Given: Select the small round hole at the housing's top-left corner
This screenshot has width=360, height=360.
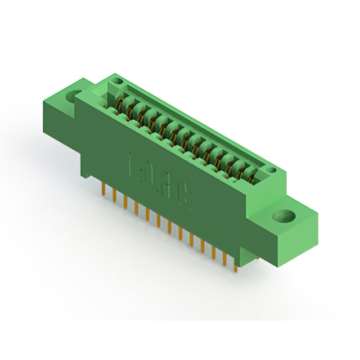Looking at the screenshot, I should click(x=116, y=82).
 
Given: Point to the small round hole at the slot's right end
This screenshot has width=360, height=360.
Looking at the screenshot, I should click(x=271, y=169).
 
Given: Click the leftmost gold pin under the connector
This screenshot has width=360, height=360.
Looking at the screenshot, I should click(x=105, y=189).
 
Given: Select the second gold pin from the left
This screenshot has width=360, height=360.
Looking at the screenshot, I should click(x=115, y=196).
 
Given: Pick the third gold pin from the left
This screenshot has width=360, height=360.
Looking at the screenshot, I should click(x=125, y=202).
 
